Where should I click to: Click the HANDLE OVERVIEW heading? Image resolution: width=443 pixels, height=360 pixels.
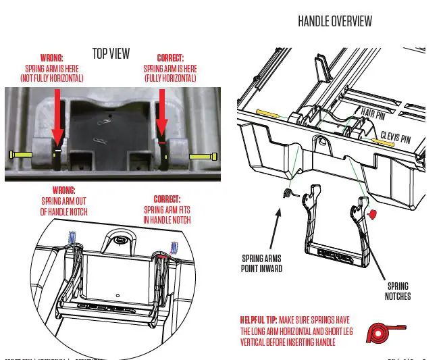click(x=334, y=22)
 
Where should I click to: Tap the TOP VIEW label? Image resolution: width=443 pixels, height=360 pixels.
click(x=111, y=53)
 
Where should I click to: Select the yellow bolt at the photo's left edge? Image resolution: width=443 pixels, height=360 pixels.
click(x=21, y=155)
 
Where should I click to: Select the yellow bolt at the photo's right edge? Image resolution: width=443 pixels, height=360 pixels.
click(x=203, y=156)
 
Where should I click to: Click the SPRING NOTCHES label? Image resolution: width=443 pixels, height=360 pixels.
click(x=398, y=291)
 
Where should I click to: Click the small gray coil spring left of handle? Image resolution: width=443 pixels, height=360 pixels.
click(x=287, y=195)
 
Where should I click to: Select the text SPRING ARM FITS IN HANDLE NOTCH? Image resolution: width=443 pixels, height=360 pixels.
click(x=167, y=209)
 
